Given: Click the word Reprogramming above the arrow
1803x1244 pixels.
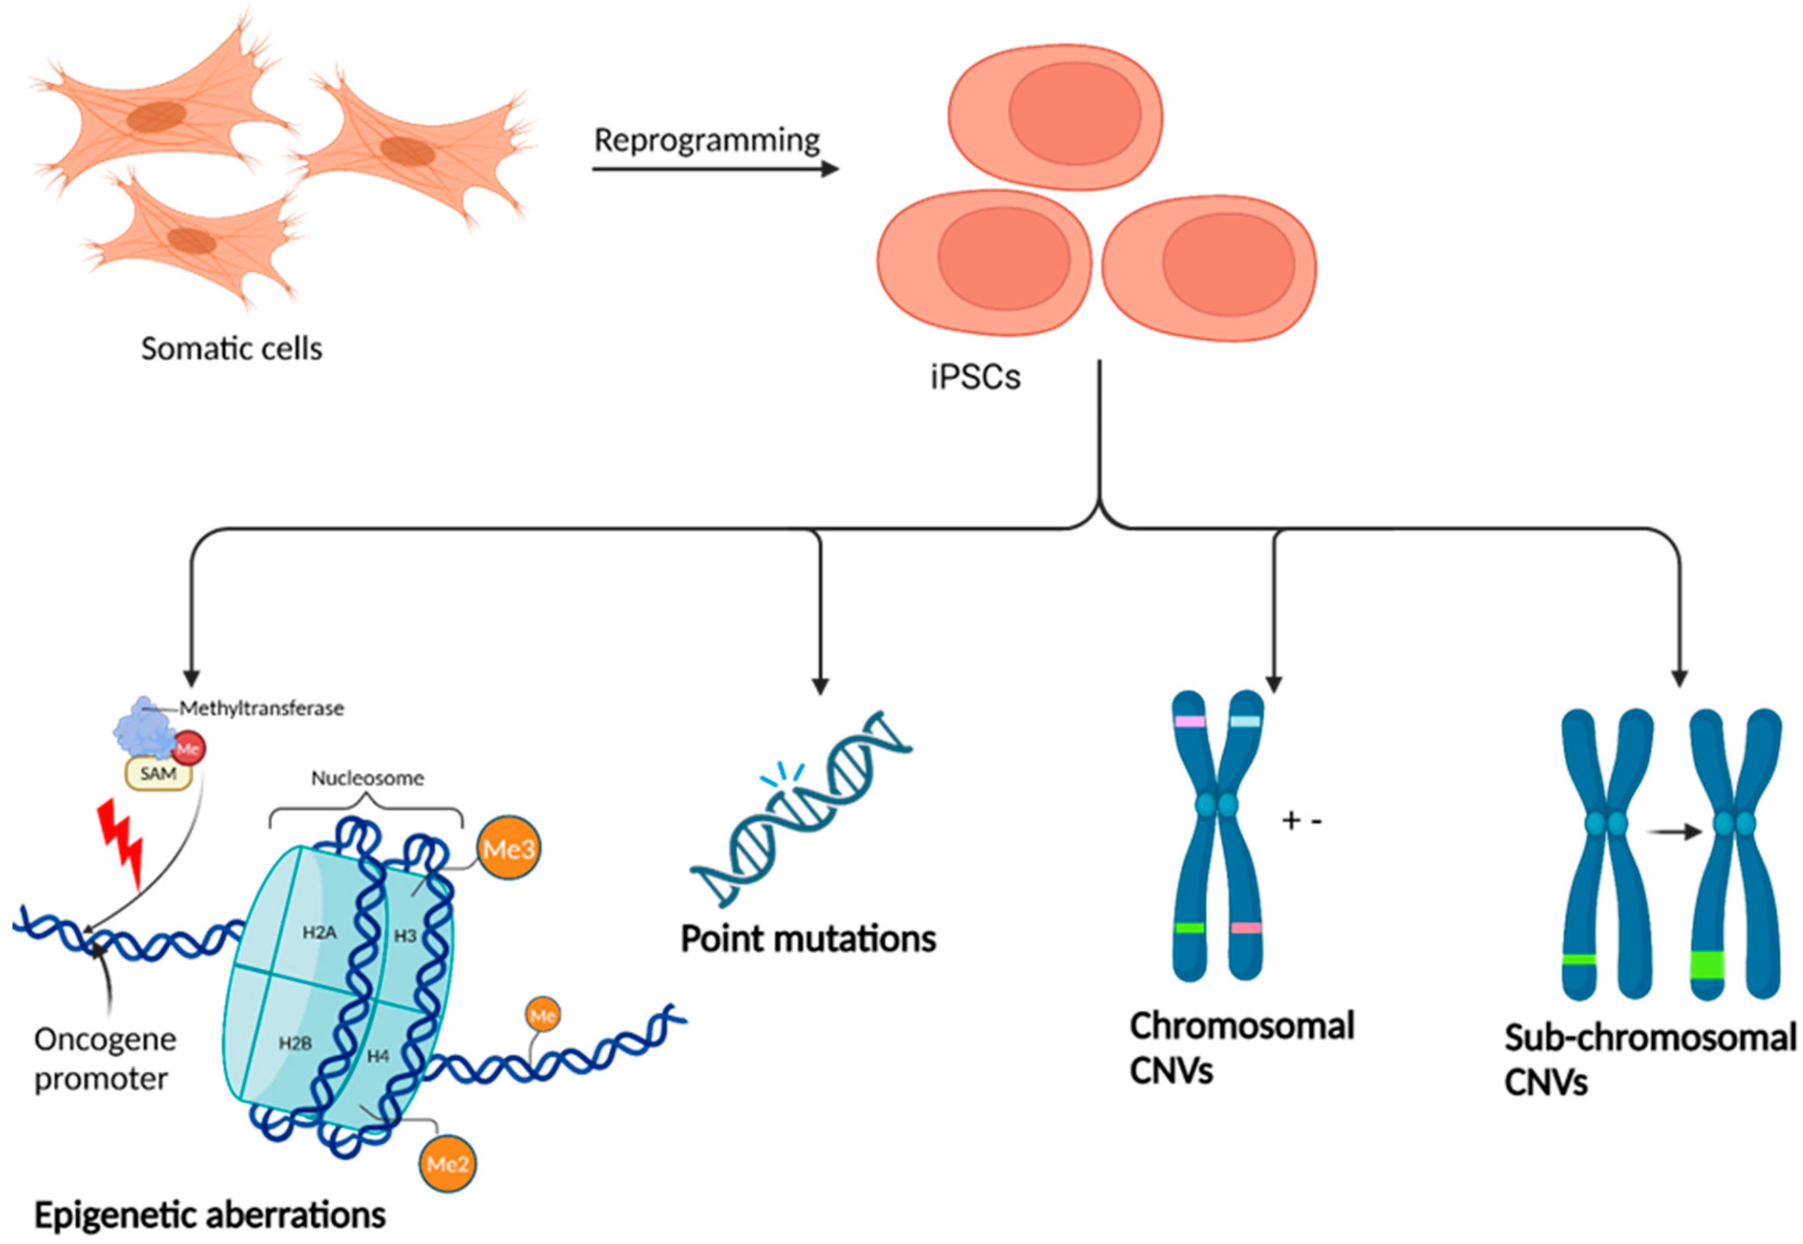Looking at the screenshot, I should [707, 141].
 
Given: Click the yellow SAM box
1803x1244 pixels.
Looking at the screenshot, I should [158, 773].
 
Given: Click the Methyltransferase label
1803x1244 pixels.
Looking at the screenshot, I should [261, 708].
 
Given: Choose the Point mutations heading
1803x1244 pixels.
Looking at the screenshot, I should [808, 938].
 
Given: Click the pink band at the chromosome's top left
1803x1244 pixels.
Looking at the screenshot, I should [1189, 722].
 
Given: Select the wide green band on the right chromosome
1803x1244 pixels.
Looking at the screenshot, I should [1707, 965].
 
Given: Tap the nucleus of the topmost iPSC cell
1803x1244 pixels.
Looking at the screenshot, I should [1075, 113].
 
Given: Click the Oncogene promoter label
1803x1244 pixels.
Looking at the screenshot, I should [105, 1059].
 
